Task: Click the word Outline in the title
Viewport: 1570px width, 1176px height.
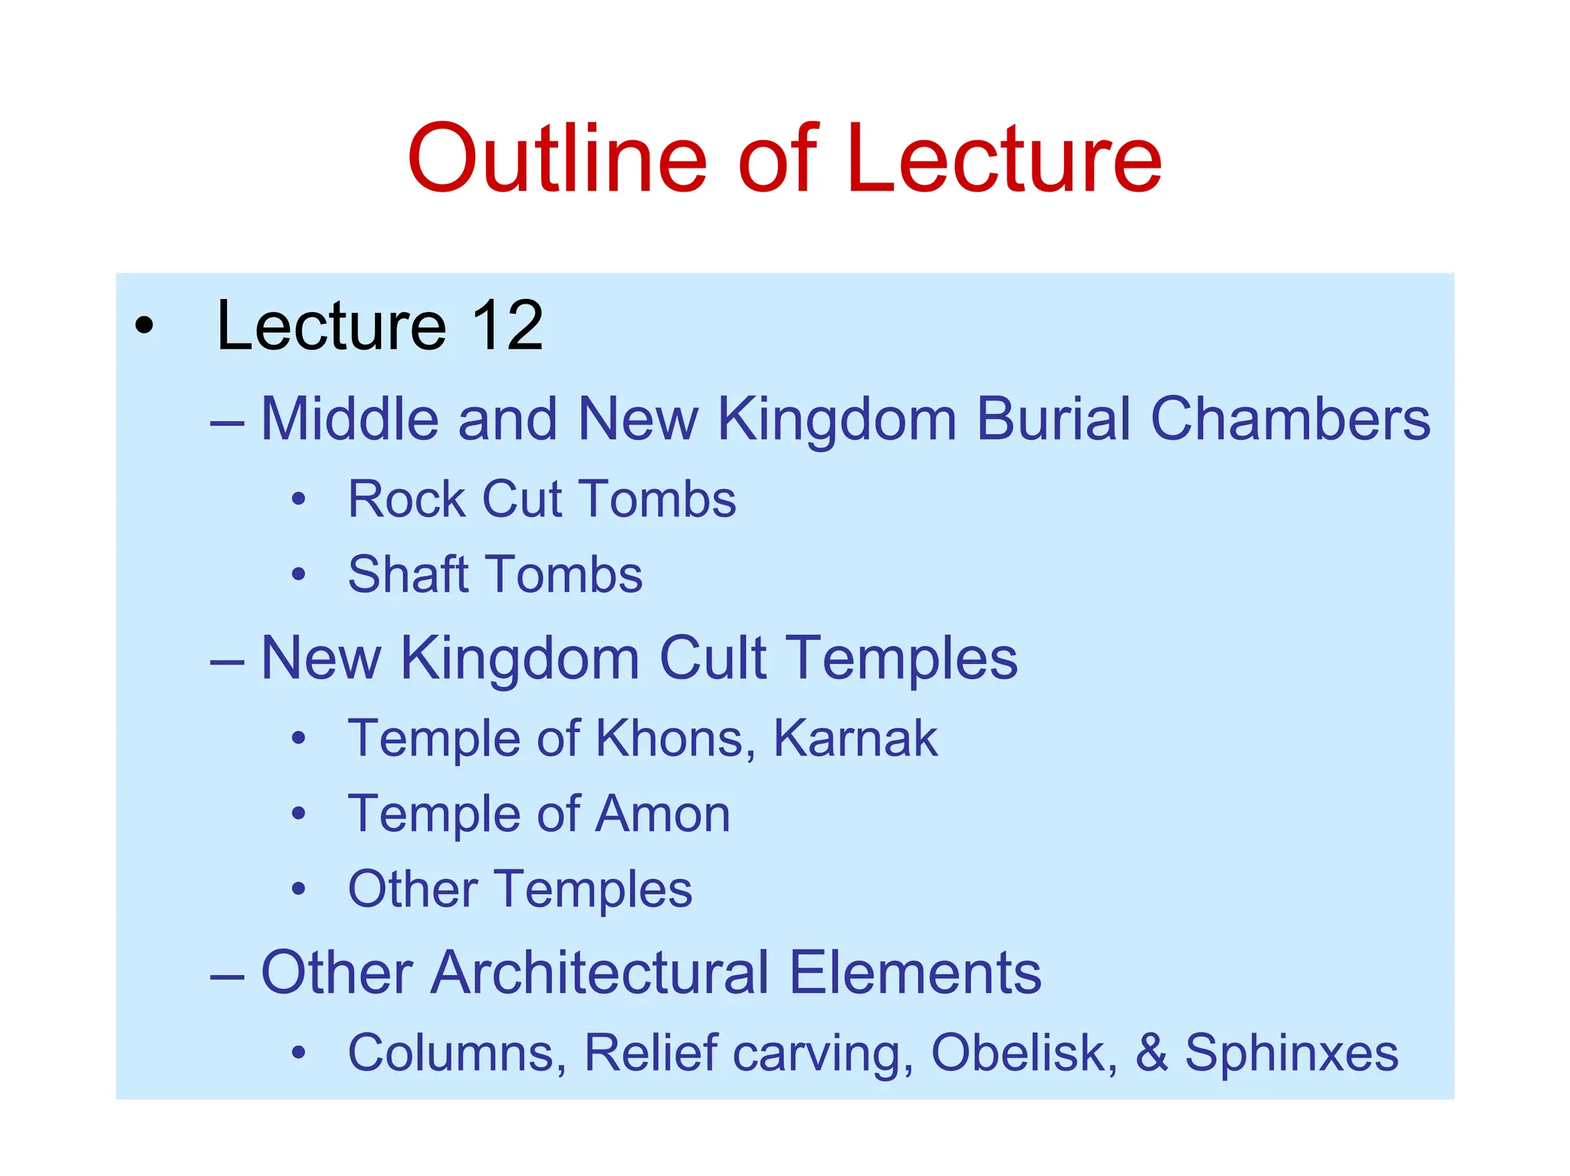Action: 557,159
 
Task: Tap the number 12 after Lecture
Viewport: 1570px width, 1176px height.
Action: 507,326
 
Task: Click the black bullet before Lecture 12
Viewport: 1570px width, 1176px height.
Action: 143,327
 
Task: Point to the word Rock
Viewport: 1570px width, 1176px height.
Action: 406,500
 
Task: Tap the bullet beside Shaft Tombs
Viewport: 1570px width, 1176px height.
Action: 298,574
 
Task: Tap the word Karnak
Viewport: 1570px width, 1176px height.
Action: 855,738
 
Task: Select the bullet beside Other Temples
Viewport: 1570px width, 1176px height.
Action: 298,889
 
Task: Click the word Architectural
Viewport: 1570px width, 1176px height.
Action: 599,973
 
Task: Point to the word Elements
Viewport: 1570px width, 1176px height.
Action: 915,973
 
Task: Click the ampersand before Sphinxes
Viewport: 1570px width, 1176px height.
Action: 1151,1053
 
